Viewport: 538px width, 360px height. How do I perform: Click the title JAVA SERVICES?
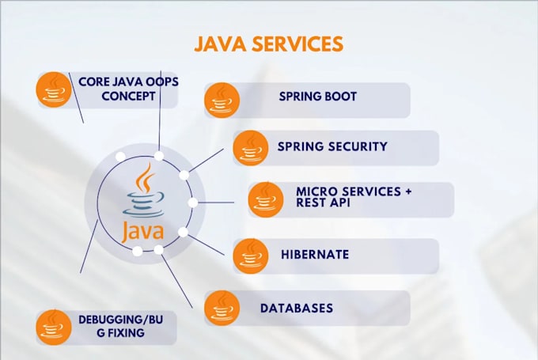269,44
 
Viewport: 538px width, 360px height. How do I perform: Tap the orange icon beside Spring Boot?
222,100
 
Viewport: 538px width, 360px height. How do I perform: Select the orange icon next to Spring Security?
251,148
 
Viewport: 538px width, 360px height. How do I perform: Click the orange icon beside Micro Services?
266,199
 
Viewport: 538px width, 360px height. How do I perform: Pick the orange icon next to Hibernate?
251,256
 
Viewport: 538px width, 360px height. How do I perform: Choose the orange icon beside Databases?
222,308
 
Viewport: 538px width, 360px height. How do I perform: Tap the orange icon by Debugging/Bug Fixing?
54,328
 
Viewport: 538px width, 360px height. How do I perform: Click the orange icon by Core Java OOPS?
54,89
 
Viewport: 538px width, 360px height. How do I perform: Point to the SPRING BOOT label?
318,97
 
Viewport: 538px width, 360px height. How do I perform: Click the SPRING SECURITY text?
332,146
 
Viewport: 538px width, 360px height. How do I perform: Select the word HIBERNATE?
315,255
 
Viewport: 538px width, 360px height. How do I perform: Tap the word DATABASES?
297,309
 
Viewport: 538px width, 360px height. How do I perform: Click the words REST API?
324,203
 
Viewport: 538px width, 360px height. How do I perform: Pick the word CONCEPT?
128,96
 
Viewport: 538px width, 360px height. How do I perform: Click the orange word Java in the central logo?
142,231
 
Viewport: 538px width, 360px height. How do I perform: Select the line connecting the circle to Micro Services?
216,203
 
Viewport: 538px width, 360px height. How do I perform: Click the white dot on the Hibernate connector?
184,232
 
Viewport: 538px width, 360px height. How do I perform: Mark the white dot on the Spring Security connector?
184,175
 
